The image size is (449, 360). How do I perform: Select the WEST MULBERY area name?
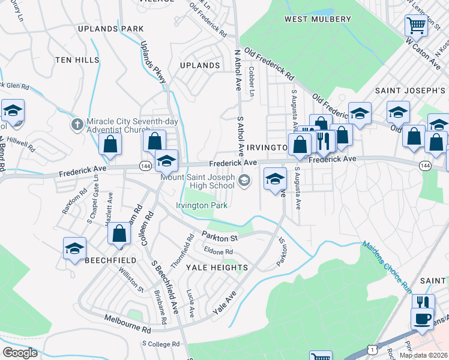pos(318,19)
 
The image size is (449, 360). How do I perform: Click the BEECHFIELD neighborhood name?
pos(110,260)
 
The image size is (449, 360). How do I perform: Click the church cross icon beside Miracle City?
pos(77,124)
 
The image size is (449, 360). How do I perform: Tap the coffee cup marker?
pos(422,317)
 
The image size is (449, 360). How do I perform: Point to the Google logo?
pos(20,353)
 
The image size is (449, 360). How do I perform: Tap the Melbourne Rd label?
pos(127,324)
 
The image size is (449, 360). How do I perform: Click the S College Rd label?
pos(161,344)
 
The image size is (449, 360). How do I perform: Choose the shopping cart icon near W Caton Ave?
pos(415,25)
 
